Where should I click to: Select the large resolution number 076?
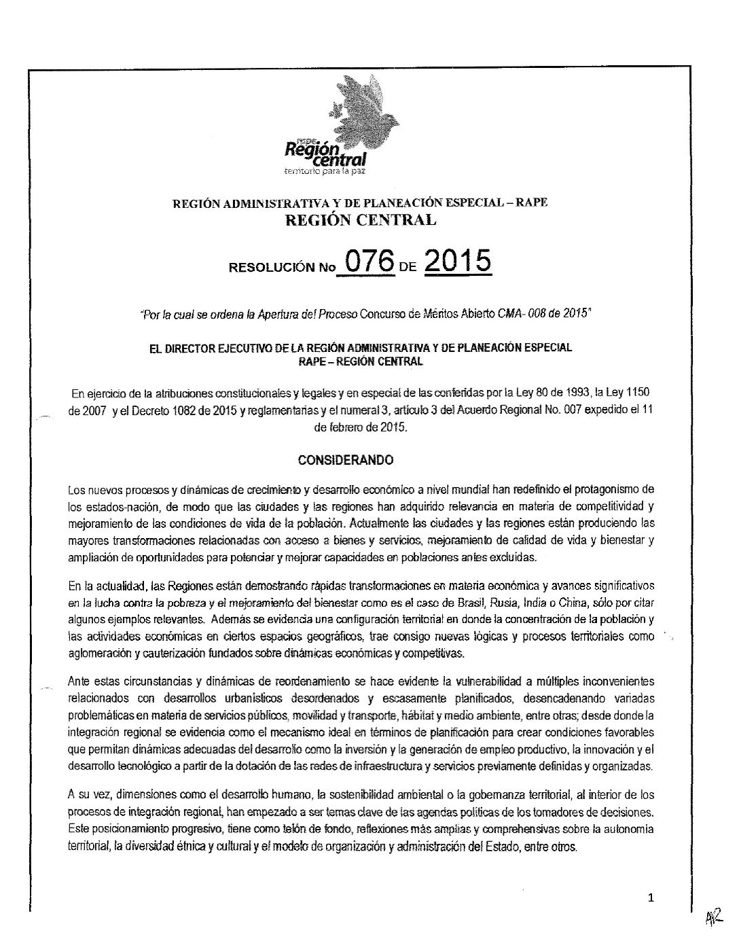(369, 262)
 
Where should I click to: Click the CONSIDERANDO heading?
(346, 460)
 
